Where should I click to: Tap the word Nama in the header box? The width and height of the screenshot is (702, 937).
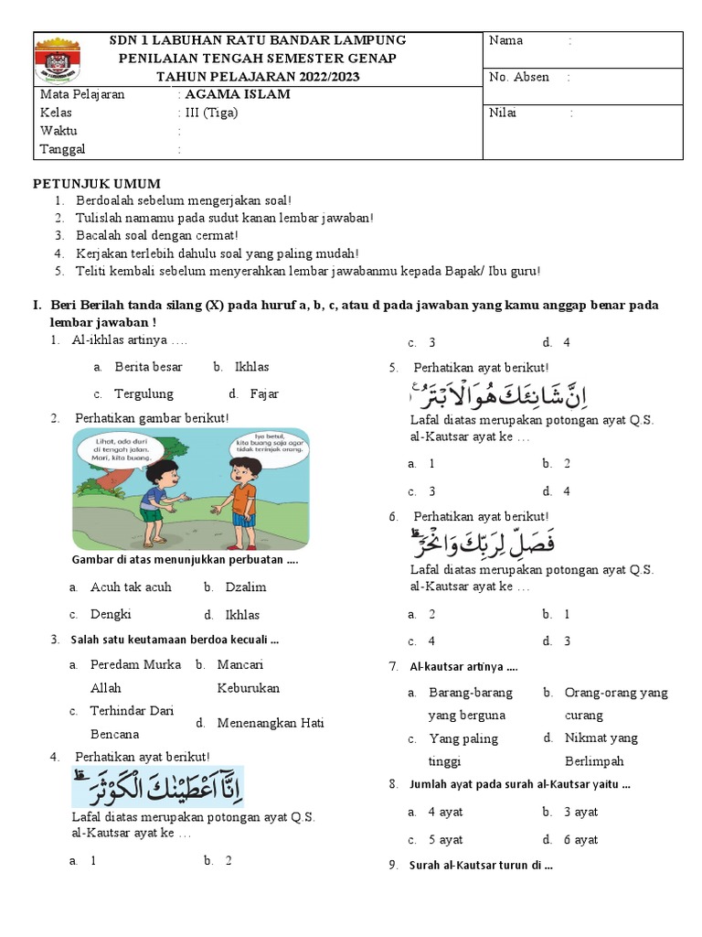point(505,40)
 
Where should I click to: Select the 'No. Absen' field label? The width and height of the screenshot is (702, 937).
point(519,77)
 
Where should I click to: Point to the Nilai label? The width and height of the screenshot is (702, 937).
point(503,113)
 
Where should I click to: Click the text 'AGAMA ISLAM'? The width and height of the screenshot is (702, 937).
point(237,94)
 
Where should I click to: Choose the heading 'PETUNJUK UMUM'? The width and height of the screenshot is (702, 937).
point(97,183)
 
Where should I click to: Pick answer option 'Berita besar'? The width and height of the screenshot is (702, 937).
point(148,367)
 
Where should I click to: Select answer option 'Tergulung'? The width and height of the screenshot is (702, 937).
point(144,394)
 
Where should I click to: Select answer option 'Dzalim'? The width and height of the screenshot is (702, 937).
point(247,587)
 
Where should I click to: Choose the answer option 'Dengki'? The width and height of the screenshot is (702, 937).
point(111,615)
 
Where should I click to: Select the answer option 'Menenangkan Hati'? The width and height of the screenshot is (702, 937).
point(271,723)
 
